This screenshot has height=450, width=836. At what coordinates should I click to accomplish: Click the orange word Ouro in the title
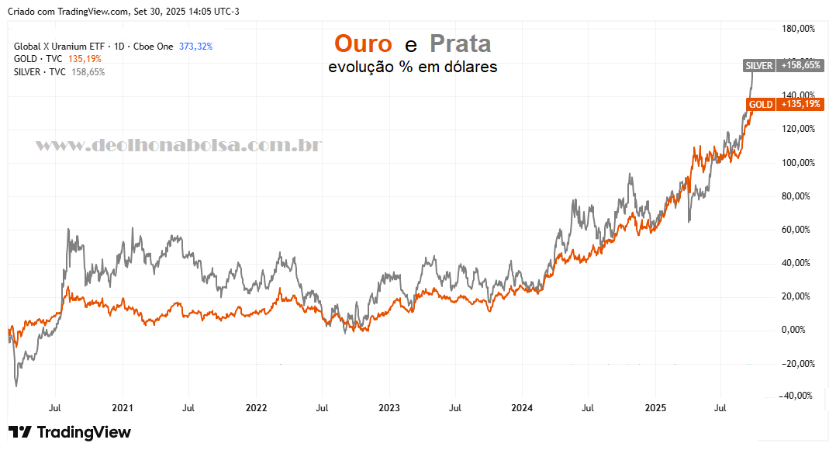363,43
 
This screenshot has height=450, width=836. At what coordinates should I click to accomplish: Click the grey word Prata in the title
460,43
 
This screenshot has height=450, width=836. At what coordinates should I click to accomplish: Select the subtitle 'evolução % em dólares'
413,67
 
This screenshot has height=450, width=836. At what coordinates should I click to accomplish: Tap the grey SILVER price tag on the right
758,66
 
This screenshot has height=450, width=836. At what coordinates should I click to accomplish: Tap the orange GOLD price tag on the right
761,104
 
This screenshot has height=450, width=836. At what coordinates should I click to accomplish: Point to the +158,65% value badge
800,66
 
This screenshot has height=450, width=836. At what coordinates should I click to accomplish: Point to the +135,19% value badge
800,104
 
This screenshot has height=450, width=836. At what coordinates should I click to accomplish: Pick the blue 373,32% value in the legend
195,47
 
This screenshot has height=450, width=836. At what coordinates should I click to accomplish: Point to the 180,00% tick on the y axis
800,29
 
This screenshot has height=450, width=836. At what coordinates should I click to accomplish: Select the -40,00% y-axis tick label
798,396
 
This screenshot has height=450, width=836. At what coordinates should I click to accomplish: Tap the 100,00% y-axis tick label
800,163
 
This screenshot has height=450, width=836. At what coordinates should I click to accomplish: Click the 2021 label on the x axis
123,407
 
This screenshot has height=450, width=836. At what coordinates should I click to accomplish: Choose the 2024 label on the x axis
522,407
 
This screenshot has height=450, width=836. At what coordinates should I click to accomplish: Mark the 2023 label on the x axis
389,407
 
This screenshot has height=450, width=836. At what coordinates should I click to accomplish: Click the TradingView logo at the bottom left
70,432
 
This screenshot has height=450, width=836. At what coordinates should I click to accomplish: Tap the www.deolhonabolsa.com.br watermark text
179,145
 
